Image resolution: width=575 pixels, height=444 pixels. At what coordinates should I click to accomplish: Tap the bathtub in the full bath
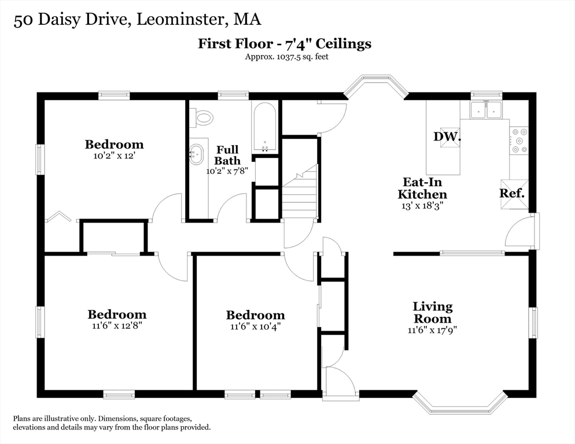point(264,127)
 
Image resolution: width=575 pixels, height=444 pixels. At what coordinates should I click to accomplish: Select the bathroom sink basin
point(196,154)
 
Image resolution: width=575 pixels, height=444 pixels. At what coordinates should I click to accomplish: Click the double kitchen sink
point(486,109)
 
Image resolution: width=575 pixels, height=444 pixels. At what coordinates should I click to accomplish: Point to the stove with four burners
point(519,140)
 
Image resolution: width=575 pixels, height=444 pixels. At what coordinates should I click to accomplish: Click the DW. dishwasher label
point(447,136)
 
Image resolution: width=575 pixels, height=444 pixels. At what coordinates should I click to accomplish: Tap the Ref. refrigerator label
point(512,193)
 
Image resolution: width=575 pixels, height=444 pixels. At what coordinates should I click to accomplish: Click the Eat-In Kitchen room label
point(422,188)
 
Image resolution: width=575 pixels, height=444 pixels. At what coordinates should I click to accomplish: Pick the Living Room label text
point(432,312)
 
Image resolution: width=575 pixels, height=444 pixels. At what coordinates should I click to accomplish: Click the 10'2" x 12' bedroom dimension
point(115,156)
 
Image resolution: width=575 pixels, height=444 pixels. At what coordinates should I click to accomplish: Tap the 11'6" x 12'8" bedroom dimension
point(117,325)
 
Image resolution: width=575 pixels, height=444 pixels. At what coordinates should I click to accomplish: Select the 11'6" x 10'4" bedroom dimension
point(255,326)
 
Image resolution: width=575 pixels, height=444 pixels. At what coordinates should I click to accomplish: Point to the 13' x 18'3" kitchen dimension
point(422,206)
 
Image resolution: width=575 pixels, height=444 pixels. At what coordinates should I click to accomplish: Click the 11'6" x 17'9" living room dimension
point(432,330)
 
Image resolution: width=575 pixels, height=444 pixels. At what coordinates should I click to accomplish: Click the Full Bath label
point(227,155)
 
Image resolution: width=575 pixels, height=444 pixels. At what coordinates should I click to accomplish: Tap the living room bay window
point(460,403)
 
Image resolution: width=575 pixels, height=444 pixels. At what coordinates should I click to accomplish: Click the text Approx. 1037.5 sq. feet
point(287,57)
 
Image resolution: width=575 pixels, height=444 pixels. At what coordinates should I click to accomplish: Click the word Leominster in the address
point(180,20)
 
